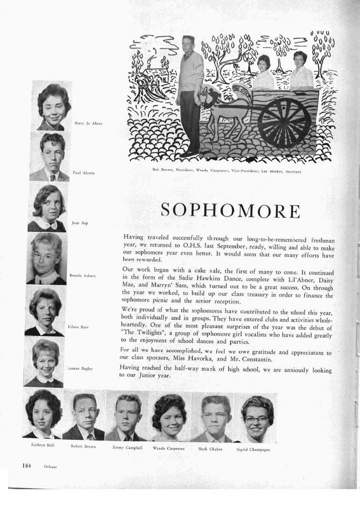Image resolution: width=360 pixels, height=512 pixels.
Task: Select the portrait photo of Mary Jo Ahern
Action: click(x=52, y=106)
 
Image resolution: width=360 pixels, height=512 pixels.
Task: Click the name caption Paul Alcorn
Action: click(x=84, y=173)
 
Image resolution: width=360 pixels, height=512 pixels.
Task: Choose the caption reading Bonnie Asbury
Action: click(x=82, y=275)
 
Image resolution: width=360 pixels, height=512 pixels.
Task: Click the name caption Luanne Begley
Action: click(x=80, y=368)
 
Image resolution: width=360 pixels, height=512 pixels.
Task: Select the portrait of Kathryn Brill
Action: click(x=43, y=413)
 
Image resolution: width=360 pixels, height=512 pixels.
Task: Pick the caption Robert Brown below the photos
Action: click(x=83, y=446)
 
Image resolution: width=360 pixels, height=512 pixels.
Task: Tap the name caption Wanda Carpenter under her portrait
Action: click(x=169, y=448)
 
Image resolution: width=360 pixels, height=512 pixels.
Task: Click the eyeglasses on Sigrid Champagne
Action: click(x=257, y=419)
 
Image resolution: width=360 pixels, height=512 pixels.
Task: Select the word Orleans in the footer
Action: click(x=50, y=467)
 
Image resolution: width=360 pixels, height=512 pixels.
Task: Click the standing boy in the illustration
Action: click(x=189, y=94)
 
